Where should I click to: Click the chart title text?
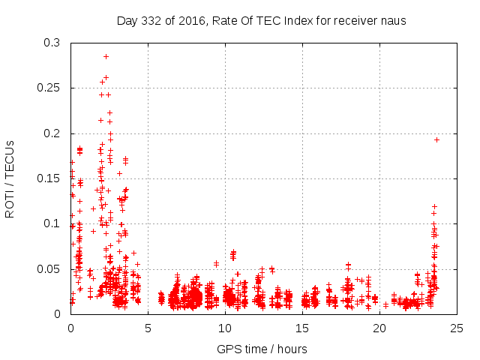pyautogui.click(x=261, y=20)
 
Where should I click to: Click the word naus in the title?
pyautogui.click(x=392, y=20)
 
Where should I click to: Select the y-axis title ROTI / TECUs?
pyautogui.click(x=10, y=178)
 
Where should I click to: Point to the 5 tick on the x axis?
pyautogui.click(x=148, y=328)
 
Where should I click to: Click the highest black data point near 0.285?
pyautogui.click(x=106, y=56)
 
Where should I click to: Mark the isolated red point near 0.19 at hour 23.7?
pyautogui.click(x=436, y=139)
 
